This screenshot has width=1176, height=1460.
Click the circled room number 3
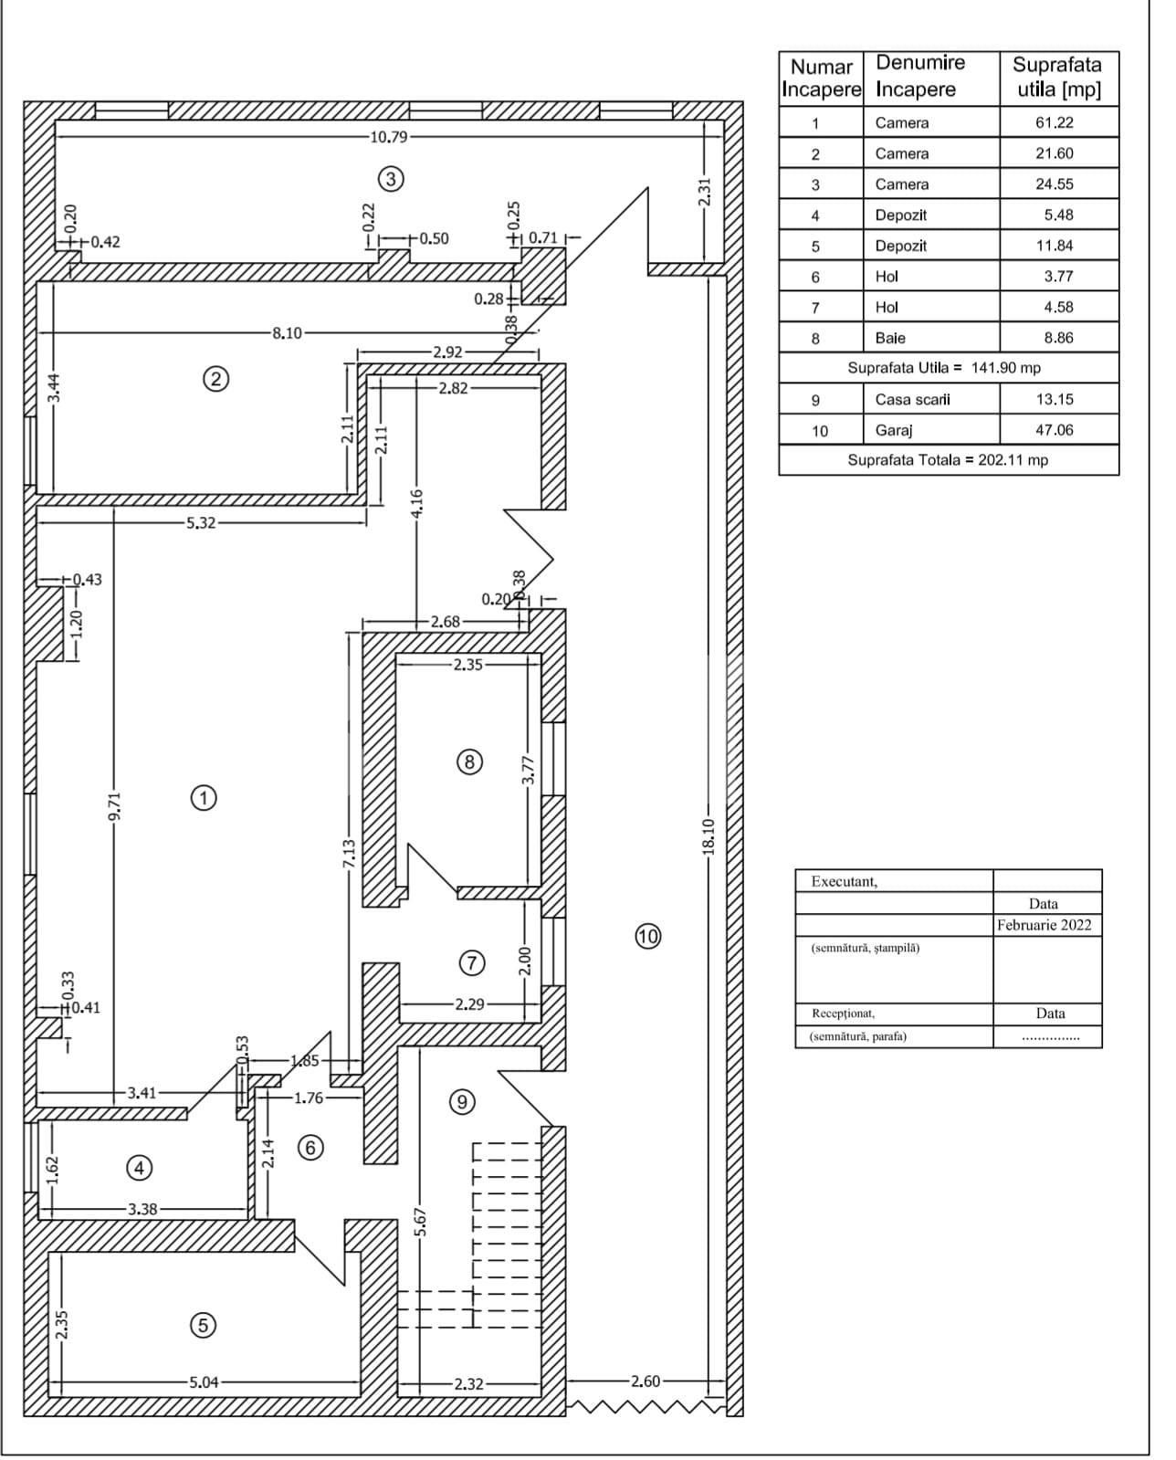pyautogui.click(x=391, y=179)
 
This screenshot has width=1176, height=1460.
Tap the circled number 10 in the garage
pyautogui.click(x=647, y=936)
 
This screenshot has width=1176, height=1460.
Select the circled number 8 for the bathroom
pyautogui.click(x=468, y=762)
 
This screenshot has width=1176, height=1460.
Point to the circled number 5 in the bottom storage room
pyautogui.click(x=203, y=1325)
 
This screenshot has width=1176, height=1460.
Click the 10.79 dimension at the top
pyautogui.click(x=389, y=137)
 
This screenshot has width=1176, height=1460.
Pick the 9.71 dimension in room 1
pyautogui.click(x=113, y=807)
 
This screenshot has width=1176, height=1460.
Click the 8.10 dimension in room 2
pyautogui.click(x=287, y=333)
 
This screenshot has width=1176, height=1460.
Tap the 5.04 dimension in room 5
pyautogui.click(x=204, y=1381)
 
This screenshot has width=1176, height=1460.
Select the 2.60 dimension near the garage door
pyautogui.click(x=645, y=1381)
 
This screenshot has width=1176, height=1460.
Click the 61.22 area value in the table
pyautogui.click(x=1054, y=122)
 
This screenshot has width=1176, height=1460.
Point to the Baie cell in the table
pyautogui.click(x=890, y=338)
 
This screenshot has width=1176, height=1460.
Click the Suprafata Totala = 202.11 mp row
pyautogui.click(x=948, y=460)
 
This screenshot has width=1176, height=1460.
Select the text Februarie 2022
pyautogui.click(x=1044, y=924)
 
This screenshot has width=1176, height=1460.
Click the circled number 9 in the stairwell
pyautogui.click(x=462, y=1102)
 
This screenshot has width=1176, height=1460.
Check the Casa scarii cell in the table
pyautogui.click(x=912, y=399)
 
